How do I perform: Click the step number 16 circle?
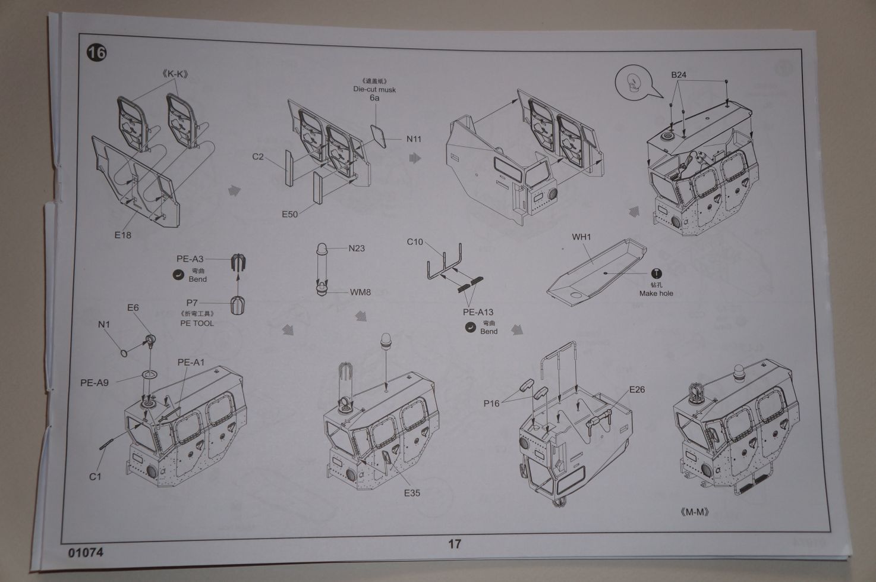pyautogui.click(x=96, y=54)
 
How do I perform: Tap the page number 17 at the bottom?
pyautogui.click(x=454, y=543)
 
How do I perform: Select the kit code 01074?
pyautogui.click(x=86, y=552)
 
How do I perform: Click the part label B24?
pyautogui.click(x=679, y=75)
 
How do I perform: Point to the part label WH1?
pyautogui.click(x=581, y=237)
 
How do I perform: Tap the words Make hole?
pyautogui.click(x=656, y=293)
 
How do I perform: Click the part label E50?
pyautogui.click(x=289, y=214)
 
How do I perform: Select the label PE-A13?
pyautogui.click(x=478, y=312)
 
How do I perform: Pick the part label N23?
pyautogui.click(x=357, y=248)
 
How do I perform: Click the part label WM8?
pyautogui.click(x=360, y=292)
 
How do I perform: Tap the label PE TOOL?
pyautogui.click(x=197, y=323)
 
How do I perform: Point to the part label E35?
pyautogui.click(x=412, y=493)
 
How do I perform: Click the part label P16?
pyautogui.click(x=491, y=404)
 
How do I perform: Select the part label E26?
pyautogui.click(x=636, y=390)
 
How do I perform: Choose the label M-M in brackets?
pyautogui.click(x=694, y=512)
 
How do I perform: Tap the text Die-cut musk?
pyautogui.click(x=374, y=89)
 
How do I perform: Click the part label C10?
pyautogui.click(x=415, y=242)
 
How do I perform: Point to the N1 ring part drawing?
pyautogui.click(x=123, y=354)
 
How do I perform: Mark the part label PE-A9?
pyautogui.click(x=94, y=383)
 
